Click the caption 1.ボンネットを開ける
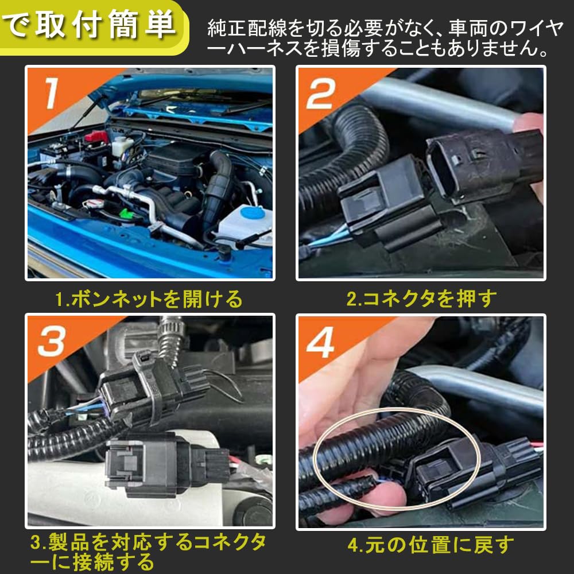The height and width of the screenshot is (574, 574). [x=149, y=299]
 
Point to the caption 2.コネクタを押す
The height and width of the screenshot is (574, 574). [x=421, y=298]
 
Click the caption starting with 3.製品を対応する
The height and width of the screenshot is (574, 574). [x=148, y=550]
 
